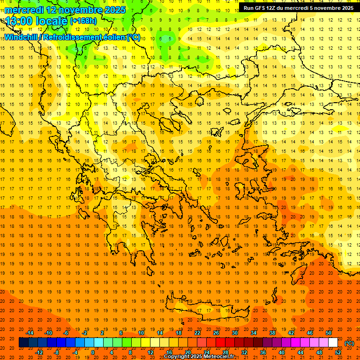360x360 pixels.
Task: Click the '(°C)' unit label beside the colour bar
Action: click(x=349, y=343)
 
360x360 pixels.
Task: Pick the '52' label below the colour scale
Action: click(x=338, y=352)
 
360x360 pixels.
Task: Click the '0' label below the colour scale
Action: click(x=92, y=352)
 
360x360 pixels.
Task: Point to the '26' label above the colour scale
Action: click(x=216, y=332)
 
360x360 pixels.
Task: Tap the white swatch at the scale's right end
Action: click(x=333, y=343)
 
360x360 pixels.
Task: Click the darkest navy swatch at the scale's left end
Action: click(x=23, y=343)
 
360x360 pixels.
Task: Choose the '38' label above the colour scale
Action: click(x=272, y=332)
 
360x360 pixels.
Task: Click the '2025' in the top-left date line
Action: click(x=115, y=10)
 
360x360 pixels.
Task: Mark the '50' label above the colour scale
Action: click(x=329, y=332)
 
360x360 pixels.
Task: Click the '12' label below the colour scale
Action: click(x=150, y=352)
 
